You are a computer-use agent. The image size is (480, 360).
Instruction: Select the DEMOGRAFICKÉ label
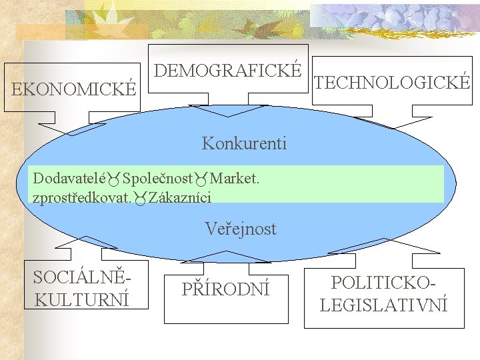[228, 70]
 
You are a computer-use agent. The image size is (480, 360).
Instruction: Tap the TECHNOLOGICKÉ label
[392, 83]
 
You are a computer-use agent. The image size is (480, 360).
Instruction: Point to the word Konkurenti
[244, 143]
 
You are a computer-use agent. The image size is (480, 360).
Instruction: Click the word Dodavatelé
[70, 179]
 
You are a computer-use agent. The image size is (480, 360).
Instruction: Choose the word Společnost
[157, 179]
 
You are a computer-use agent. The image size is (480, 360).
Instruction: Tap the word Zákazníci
[180, 197]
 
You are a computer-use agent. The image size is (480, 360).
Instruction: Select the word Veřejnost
[241, 229]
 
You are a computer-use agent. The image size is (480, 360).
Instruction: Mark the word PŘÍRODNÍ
[227, 290]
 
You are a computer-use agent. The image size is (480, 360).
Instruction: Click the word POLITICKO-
[384, 282]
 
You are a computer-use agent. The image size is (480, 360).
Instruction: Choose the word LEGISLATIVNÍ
[384, 305]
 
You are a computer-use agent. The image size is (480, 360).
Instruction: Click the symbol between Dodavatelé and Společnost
[114, 179]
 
